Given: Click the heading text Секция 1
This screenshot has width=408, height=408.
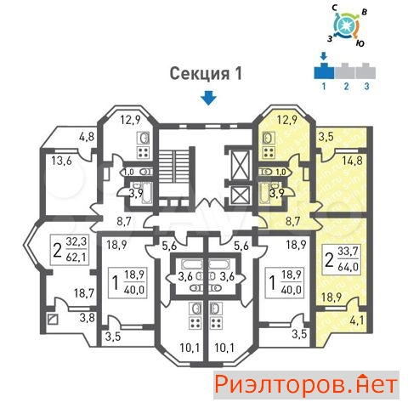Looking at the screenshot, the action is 206,74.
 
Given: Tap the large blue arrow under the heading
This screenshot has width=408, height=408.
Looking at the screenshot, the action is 208,98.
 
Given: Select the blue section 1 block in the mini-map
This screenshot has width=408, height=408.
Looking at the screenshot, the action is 324,71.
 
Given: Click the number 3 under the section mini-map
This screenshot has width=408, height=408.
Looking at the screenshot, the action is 366,86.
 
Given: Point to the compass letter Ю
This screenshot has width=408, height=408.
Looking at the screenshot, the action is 360,43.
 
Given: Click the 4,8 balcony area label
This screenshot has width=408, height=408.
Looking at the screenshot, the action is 87,137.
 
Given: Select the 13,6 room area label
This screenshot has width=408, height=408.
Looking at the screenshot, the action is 61,161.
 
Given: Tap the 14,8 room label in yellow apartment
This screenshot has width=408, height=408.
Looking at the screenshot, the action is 352,161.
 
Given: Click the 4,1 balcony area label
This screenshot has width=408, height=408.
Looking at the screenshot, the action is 357,321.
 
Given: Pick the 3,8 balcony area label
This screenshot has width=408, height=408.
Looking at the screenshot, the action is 87,318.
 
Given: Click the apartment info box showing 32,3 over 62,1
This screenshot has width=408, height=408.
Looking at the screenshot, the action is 70,250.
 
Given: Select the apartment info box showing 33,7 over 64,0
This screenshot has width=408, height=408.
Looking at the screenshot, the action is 341,259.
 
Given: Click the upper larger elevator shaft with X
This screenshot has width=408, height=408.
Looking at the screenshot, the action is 241,165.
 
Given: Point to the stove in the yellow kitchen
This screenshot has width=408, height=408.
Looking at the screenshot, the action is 269,153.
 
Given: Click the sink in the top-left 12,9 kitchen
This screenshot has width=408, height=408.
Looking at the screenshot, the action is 144,139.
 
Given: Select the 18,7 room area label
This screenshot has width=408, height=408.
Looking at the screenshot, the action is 84,293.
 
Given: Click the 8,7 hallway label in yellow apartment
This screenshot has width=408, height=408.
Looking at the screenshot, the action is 292,221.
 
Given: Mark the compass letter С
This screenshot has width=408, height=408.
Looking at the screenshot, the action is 335,8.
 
